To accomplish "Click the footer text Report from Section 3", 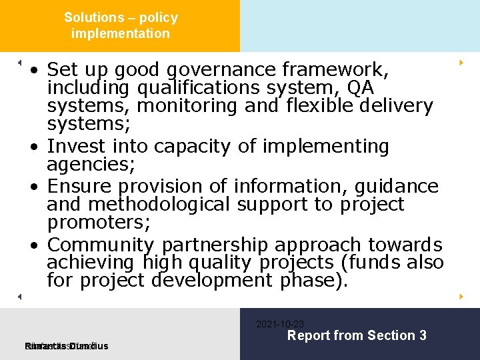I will pos(357,336).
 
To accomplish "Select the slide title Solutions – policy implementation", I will pos(121,25).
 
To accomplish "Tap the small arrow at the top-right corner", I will pos(461,63).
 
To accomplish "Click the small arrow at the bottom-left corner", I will pos(19,296).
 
